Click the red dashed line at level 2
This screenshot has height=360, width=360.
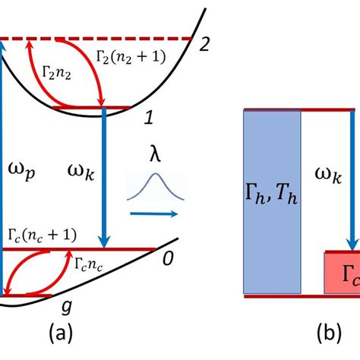click(99, 38)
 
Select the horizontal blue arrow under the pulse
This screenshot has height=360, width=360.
click(156, 215)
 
